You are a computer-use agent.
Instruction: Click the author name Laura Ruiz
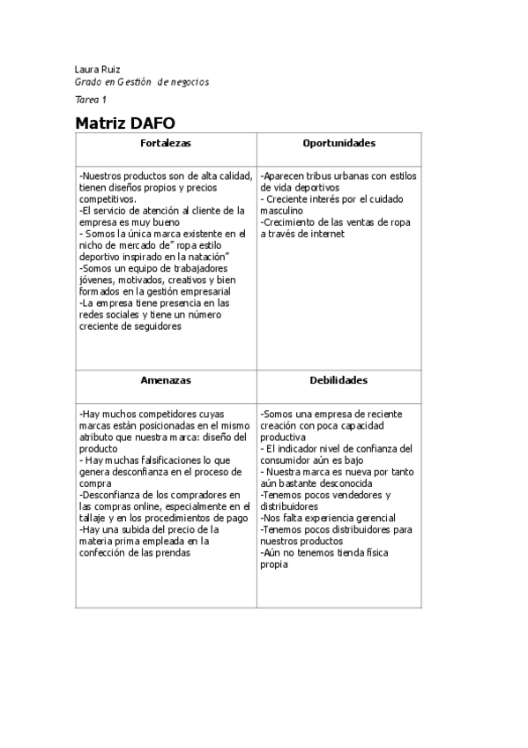(98, 69)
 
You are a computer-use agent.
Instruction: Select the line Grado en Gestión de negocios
(142, 82)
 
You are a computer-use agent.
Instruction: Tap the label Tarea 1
(91, 101)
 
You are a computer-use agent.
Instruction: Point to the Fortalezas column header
(166, 143)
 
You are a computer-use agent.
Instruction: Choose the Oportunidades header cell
(339, 143)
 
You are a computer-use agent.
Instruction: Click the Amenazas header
(166, 380)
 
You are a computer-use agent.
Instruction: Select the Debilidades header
(339, 380)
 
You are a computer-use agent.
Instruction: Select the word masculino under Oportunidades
(283, 212)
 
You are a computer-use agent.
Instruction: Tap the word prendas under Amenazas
(173, 553)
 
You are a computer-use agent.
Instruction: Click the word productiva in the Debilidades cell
(284, 437)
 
